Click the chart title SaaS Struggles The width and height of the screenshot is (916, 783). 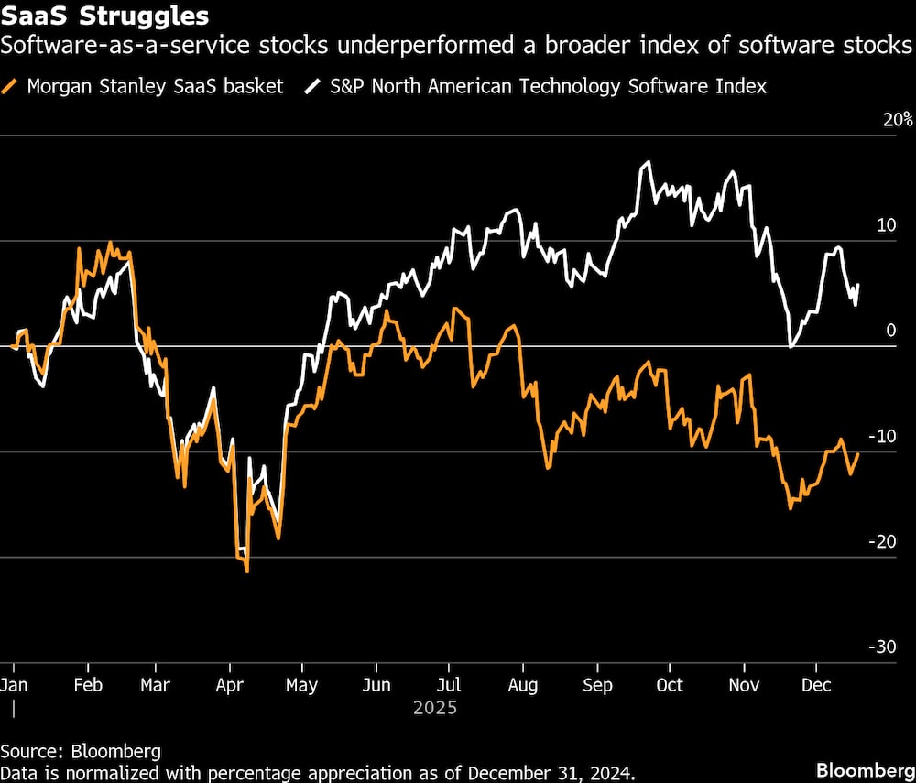pos(104,16)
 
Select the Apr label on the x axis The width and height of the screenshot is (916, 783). pos(229,685)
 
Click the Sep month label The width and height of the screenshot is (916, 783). pos(597,685)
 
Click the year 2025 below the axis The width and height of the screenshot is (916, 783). pos(434,708)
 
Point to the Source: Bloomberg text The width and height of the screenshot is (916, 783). pos(81,751)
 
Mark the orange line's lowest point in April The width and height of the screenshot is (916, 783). pos(247,571)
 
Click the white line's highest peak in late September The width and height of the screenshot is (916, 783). pos(648,162)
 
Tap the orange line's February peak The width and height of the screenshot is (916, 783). pos(111,243)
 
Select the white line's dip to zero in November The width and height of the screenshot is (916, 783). pos(791,346)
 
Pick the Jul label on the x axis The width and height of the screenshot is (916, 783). pos(449,685)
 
